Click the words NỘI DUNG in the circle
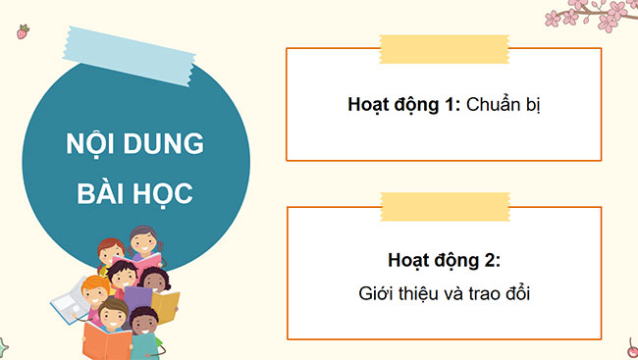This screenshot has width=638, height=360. [x=134, y=144]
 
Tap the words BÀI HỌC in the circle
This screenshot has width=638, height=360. [x=134, y=190]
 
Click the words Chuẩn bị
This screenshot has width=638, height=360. [x=504, y=103]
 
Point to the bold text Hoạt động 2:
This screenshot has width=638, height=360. [x=444, y=261]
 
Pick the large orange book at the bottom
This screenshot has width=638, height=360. [x=106, y=340]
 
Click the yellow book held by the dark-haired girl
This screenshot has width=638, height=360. [x=168, y=305]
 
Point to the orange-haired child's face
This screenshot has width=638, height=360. [x=95, y=291]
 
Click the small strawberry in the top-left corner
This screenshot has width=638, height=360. [x=22, y=32]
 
